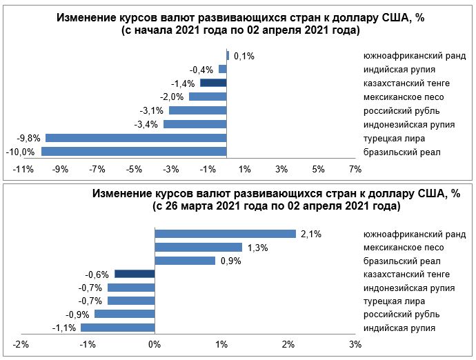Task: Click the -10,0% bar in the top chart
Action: pyautogui.click(x=135, y=152)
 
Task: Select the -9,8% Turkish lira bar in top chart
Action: pyautogui.click(x=137, y=138)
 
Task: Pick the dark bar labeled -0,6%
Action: pyautogui.click(x=135, y=274)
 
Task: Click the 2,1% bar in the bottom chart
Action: pyautogui.click(x=225, y=234)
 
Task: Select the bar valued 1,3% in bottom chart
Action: pyautogui.click(x=198, y=247)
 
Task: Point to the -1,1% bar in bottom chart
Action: pyautogui.click(x=118, y=328)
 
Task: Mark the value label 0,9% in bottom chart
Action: pyautogui.click(x=230, y=261)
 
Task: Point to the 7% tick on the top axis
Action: pyautogui.click(x=355, y=169)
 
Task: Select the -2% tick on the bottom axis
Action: pyautogui.click(x=21, y=344)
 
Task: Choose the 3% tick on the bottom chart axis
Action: pyautogui.click(x=355, y=344)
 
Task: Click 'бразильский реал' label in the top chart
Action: pyautogui.click(x=402, y=152)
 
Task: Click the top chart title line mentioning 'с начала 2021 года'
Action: pyautogui.click(x=241, y=31)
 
